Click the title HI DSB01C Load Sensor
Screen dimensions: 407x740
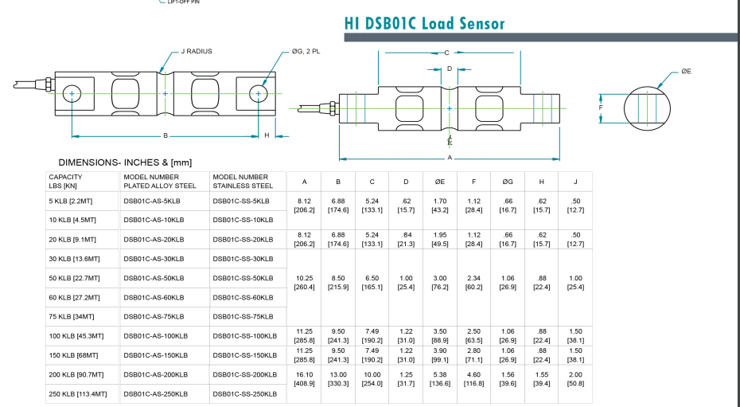[x=424, y=23]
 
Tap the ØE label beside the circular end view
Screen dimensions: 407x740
[x=686, y=71]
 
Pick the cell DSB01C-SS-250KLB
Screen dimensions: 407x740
[x=245, y=393]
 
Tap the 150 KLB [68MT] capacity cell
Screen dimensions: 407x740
[x=74, y=354]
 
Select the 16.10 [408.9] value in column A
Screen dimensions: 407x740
[x=304, y=378]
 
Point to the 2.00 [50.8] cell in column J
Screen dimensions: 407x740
[x=574, y=378]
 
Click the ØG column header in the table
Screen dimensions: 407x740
[x=508, y=182]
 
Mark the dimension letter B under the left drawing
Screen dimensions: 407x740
[x=165, y=135]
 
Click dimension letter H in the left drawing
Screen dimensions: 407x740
[x=267, y=135]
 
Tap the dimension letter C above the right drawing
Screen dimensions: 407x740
[x=446, y=53]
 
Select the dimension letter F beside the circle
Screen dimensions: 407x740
[x=601, y=107]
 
